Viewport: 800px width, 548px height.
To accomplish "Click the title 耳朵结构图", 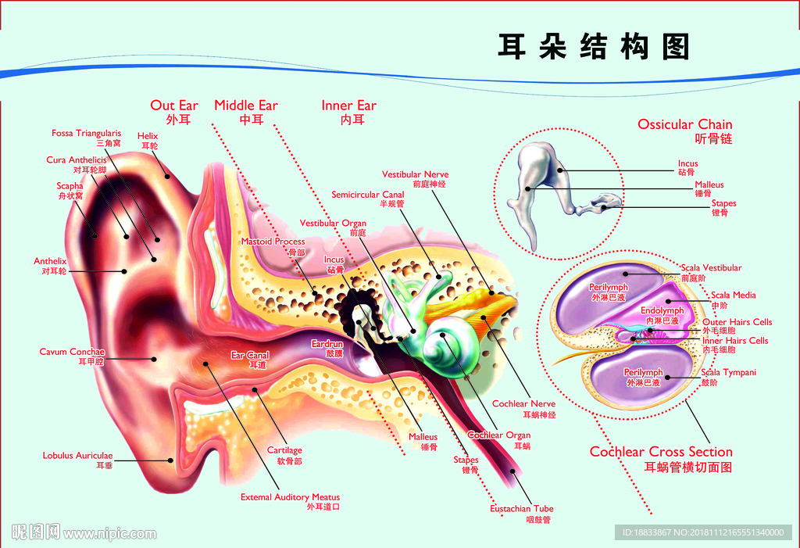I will pyautogui.click(x=594, y=46).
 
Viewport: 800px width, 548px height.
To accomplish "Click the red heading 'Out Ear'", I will pyautogui.click(x=174, y=106).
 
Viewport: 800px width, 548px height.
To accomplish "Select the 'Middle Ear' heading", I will pyautogui.click(x=246, y=106).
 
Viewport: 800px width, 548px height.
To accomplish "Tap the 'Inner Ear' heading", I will pyautogui.click(x=348, y=106).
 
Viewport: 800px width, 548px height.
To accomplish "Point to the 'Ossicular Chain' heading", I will pyautogui.click(x=685, y=124).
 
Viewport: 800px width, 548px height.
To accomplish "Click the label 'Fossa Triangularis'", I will pyautogui.click(x=87, y=134).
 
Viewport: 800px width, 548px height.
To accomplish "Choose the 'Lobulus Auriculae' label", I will pyautogui.click(x=77, y=456).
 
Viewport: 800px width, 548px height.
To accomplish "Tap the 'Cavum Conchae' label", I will pyautogui.click(x=72, y=353).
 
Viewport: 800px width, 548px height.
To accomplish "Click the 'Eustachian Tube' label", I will pyautogui.click(x=521, y=509).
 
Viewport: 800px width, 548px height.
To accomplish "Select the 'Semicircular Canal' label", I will pyautogui.click(x=368, y=195).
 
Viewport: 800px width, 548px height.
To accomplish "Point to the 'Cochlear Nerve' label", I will pyautogui.click(x=523, y=404).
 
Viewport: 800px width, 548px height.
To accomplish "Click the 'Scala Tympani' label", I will pyautogui.click(x=728, y=373).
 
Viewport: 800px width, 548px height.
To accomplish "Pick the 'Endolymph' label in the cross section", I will pyautogui.click(x=662, y=311).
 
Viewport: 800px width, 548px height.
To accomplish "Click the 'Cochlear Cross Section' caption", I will pyautogui.click(x=661, y=452).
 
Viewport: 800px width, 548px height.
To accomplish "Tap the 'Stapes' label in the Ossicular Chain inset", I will pyautogui.click(x=723, y=204).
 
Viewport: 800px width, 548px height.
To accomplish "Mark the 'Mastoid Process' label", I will pyautogui.click(x=273, y=242).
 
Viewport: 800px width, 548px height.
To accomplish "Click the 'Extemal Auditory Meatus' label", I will pyautogui.click(x=290, y=497).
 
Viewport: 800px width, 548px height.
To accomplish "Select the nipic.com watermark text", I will pyautogui.click(x=109, y=534).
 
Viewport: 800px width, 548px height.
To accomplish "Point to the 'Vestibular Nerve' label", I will pyautogui.click(x=415, y=174).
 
